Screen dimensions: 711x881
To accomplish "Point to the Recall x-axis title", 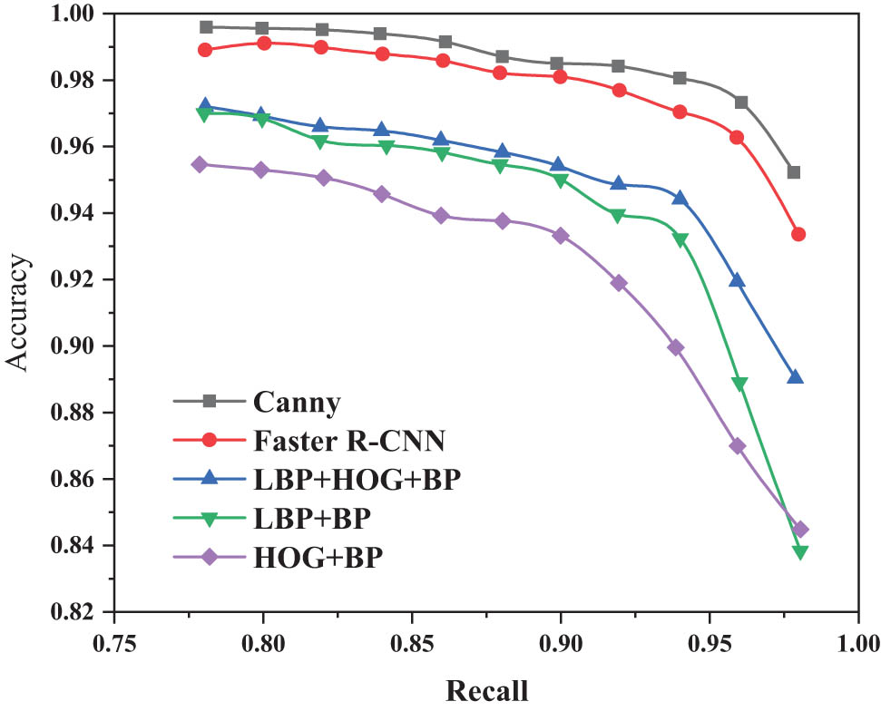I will [485, 691].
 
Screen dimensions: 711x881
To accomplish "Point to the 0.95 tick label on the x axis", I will [710, 646].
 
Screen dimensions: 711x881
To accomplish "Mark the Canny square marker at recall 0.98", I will [794, 172].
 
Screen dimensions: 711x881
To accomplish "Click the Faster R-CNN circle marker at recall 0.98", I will [798, 234].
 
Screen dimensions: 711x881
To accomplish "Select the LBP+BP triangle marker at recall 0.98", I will [800, 552].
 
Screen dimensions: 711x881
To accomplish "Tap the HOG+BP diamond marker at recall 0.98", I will [800, 530].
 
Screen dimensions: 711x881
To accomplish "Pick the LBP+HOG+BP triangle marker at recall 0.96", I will [737, 280].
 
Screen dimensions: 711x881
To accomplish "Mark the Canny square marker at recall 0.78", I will [206, 27].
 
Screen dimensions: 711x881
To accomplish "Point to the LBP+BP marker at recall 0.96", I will [739, 385].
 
